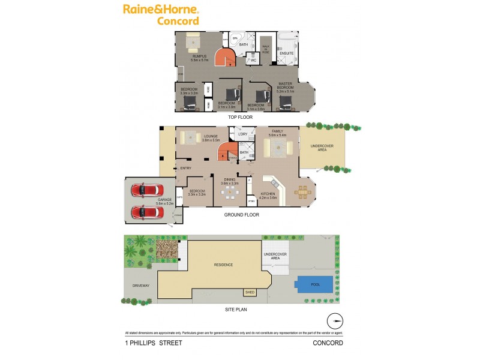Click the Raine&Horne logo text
point(161,9)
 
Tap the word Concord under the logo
point(178,21)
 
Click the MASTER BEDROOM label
point(285,87)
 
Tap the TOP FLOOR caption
point(239,118)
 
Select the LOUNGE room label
point(210,137)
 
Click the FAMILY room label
point(277,131)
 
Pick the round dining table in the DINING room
point(231,193)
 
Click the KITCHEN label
point(268,194)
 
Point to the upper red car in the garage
point(143,191)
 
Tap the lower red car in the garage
point(143,212)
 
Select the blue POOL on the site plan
point(314,286)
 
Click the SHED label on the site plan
point(250,292)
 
